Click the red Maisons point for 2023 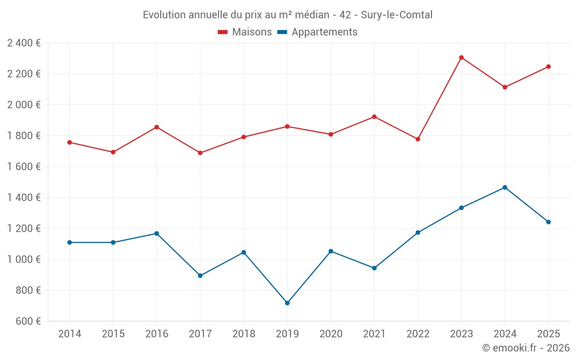pos(461,58)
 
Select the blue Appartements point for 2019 pos(287,303)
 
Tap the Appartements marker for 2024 pos(505,187)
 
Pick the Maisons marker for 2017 pos(200,153)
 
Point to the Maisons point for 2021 pos(374,117)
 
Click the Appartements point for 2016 pos(157,233)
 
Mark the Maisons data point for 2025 pos(548,67)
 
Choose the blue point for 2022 pos(418,233)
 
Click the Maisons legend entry pos(245,32)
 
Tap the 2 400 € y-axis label pos(24,43)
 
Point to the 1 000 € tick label pos(24,259)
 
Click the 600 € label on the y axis pos(27,321)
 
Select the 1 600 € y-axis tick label pos(24,166)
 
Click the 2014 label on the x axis pos(70,334)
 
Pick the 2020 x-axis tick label pos(331,334)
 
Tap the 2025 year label pos(548,334)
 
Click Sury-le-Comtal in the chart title pos(397,15)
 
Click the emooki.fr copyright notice pos(526,348)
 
